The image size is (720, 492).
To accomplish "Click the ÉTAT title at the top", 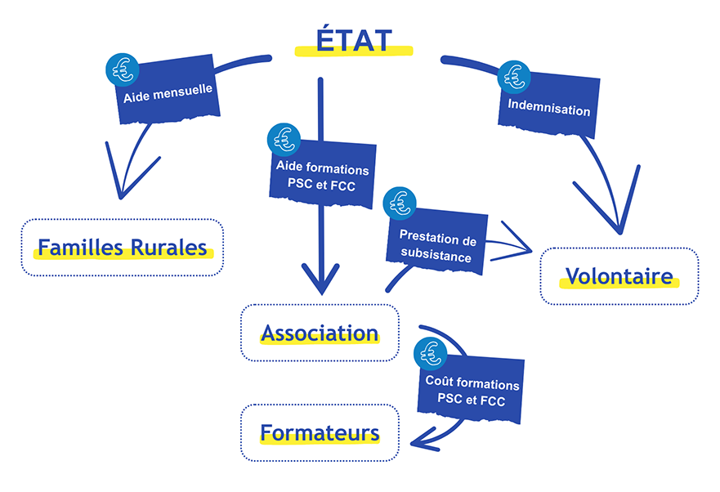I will [353, 40].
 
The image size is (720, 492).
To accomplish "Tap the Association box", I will [320, 333].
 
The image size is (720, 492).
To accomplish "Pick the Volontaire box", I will [619, 276].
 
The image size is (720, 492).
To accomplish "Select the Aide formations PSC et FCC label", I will [323, 177].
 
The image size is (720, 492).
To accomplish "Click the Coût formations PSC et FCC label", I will [472, 391].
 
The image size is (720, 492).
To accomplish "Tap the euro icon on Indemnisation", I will [513, 77].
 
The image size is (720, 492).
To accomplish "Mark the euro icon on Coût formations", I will [429, 352].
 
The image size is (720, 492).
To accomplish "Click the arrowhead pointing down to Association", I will [320, 282].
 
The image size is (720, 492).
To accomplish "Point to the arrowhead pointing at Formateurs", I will [421, 439].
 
